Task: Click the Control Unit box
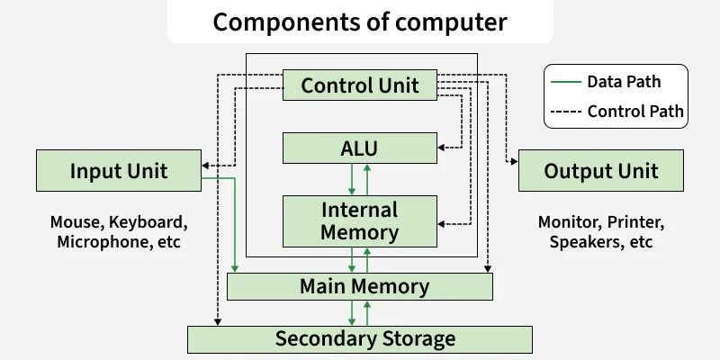360,85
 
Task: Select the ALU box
360,148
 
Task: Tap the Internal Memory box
360,221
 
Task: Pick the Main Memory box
360,287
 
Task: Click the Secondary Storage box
360,339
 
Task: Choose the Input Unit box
118,171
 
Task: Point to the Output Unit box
601,171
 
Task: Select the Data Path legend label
624,82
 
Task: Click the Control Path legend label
635,112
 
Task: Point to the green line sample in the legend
564,82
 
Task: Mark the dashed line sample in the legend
564,112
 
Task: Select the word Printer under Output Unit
634,221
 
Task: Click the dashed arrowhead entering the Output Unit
514,162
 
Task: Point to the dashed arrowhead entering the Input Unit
205,166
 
